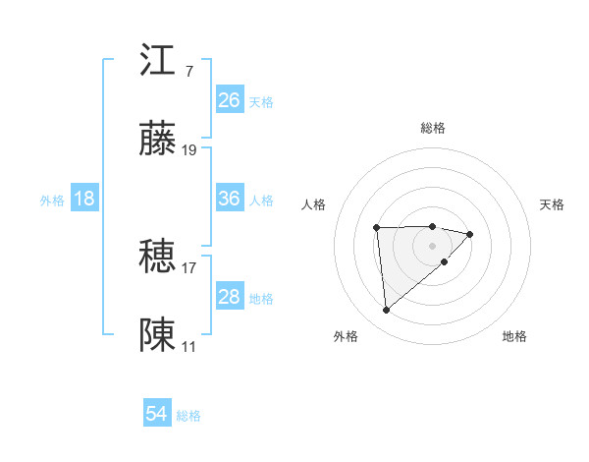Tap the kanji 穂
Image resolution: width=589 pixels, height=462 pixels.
[158, 257]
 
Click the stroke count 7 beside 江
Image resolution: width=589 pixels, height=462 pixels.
[188, 72]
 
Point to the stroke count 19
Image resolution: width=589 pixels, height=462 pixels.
[189, 150]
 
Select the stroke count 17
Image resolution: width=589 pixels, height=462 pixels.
[189, 267]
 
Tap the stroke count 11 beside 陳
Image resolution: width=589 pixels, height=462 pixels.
[189, 347]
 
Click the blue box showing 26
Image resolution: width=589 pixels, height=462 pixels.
[230, 100]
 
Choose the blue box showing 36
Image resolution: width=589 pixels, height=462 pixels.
[230, 199]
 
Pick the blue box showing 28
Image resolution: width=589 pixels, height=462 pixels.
[230, 297]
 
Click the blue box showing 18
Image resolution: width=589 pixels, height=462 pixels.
[84, 199]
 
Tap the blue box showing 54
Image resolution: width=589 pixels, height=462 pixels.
[157, 414]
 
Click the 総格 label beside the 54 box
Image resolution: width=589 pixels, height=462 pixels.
[188, 416]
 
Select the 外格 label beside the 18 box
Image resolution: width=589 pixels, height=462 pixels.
[52, 201]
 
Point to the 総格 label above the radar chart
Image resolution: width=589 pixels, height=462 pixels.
[433, 128]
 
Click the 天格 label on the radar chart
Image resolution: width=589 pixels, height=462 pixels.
[553, 204]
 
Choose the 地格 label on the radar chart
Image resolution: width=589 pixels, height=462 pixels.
[514, 336]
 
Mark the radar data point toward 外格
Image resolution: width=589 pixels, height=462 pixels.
[387, 311]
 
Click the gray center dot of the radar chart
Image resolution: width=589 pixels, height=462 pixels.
[433, 245]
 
